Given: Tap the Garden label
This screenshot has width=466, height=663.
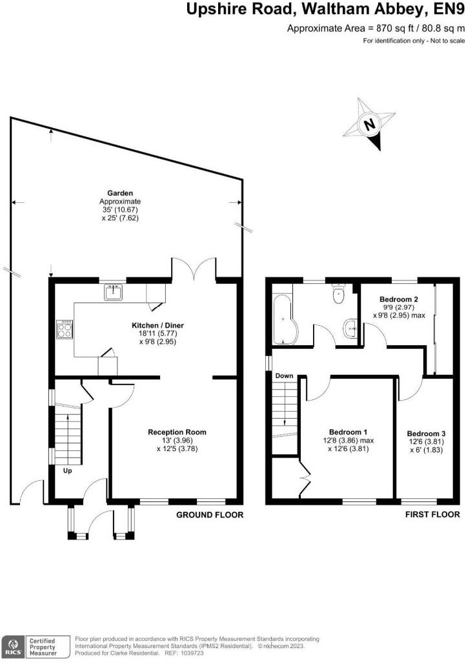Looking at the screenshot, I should click(120, 193).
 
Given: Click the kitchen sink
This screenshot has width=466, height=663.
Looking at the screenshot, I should click(114, 293).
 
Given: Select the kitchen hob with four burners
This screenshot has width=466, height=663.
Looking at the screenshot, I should click(65, 330).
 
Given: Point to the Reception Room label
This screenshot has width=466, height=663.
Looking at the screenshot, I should click(177, 432).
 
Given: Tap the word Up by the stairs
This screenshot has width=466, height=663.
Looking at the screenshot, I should click(67, 470).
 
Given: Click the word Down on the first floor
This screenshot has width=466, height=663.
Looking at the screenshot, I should click(285, 375).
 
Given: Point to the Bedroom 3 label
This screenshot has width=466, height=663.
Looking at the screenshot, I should click(426, 434).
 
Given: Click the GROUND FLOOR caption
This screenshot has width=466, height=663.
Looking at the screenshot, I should click(210, 515).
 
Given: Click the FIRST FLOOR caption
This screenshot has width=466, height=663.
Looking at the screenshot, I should click(432, 515).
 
